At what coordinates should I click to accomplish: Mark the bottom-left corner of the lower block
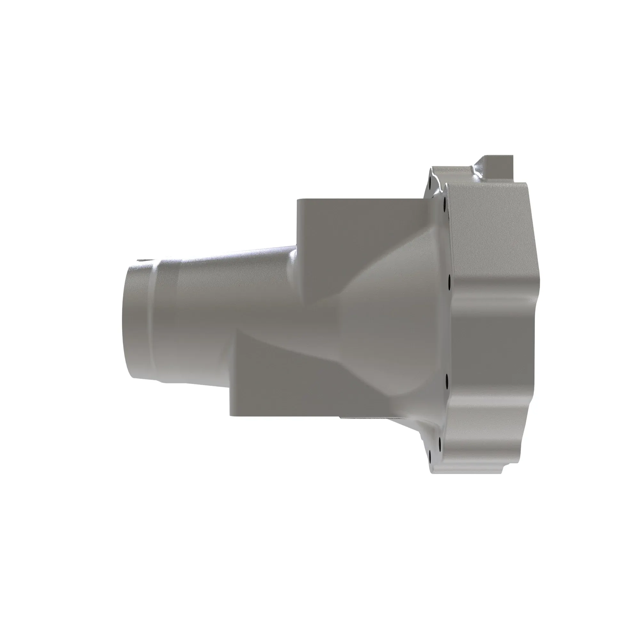coord(230,415)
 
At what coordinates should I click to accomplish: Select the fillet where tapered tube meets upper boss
coord(293,262)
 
